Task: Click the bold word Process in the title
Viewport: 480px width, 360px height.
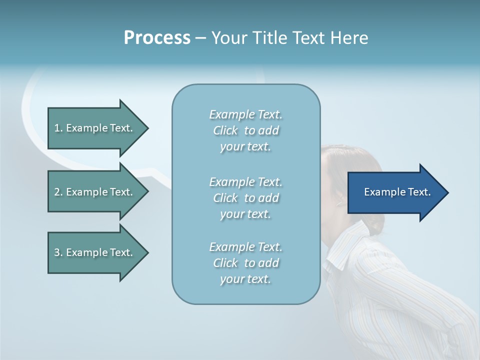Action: coord(157,38)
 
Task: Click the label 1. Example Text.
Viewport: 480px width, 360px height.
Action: coord(93,128)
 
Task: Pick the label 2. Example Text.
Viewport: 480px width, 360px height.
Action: coord(93,192)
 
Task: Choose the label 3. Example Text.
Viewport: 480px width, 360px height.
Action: coord(93,252)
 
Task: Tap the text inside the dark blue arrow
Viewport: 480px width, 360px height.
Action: coord(397,192)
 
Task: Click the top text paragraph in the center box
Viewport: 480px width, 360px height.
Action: coord(245,130)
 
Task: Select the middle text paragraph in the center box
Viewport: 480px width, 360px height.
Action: coord(245,198)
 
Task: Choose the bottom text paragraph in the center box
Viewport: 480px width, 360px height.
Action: coord(245,263)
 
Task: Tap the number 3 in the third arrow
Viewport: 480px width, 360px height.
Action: coord(56,252)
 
